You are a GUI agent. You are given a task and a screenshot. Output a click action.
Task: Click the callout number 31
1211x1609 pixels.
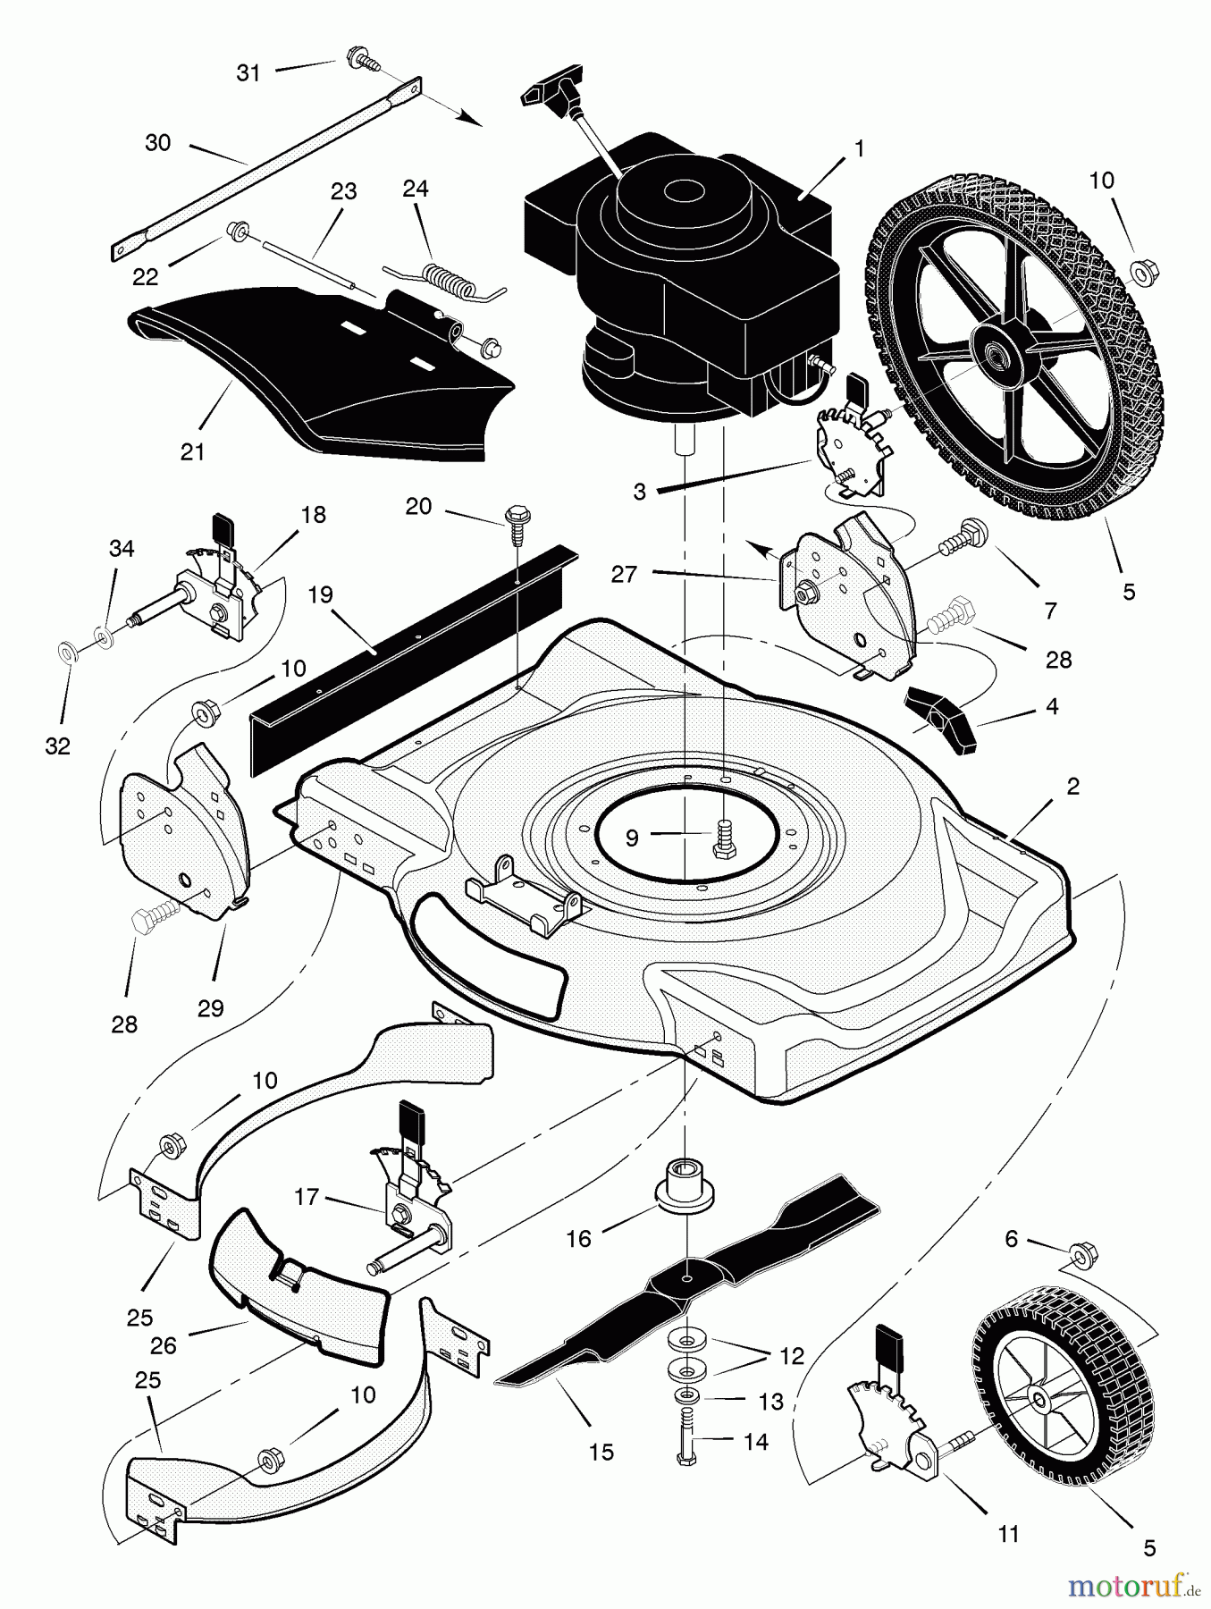tap(248, 72)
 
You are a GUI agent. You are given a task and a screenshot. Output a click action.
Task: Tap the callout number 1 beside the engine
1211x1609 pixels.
tap(860, 148)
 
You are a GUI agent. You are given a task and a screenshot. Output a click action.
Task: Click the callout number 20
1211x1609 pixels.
tap(417, 507)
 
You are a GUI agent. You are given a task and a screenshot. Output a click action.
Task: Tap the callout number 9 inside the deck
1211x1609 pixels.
tap(632, 838)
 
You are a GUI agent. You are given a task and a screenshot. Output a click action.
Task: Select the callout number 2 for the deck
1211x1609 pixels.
tap(1072, 786)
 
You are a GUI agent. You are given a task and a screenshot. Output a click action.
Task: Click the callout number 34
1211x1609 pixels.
tap(122, 548)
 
